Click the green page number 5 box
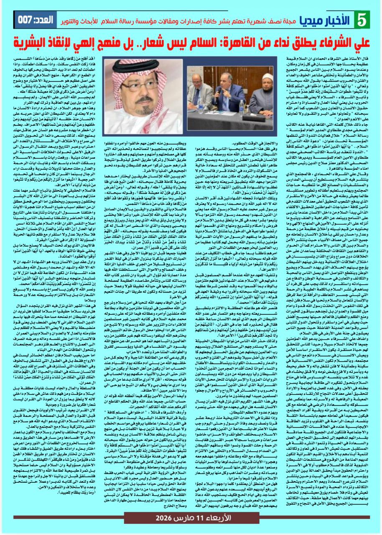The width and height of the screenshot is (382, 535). click(x=361, y=20)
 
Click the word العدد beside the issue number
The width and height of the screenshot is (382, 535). click(x=55, y=19)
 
